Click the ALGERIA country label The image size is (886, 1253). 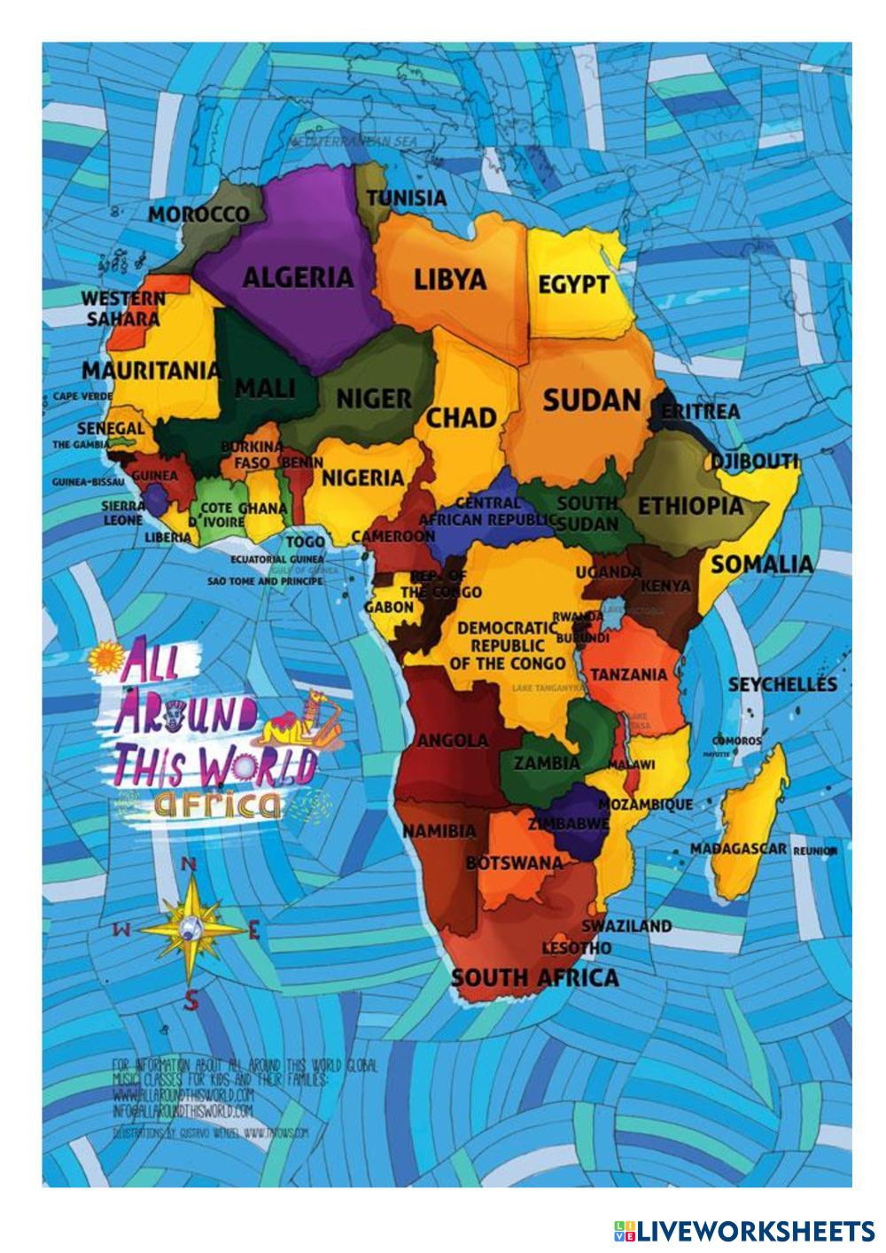tap(298, 277)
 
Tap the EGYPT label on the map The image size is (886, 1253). tap(574, 285)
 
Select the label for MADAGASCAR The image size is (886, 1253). tap(738, 849)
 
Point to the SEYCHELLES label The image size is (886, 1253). tap(781, 684)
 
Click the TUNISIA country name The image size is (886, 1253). tap(407, 198)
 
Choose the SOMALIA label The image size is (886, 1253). tap(762, 564)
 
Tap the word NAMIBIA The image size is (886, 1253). tap(439, 831)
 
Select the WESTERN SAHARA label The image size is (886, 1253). tap(123, 308)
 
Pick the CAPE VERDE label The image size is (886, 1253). tap(83, 396)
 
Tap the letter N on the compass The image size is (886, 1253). tap(189, 865)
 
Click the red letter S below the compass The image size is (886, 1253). tap(190, 1001)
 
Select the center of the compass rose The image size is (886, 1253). tap(190, 928)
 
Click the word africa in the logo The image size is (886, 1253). tap(217, 803)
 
